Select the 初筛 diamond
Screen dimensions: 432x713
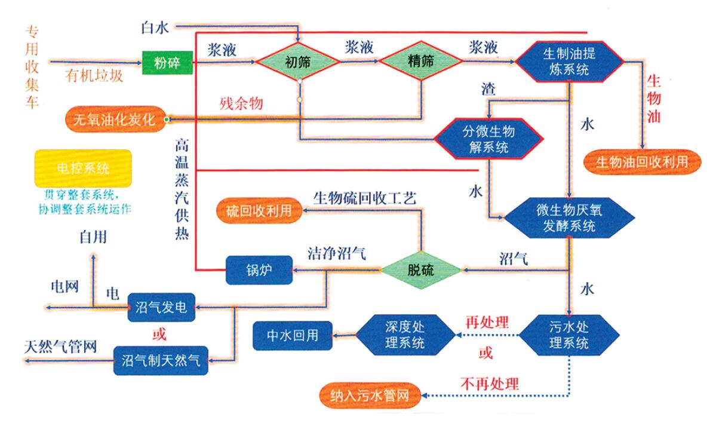297,62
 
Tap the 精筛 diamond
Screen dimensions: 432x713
420,62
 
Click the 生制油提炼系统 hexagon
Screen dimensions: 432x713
569,61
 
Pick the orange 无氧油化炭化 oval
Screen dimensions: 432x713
115,120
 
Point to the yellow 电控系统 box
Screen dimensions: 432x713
82,168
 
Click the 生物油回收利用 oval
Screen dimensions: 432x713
641,162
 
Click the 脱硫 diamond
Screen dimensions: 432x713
422,270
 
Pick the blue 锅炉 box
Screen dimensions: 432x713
259,270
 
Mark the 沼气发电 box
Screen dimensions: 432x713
162,308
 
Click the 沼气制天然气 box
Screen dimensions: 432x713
161,360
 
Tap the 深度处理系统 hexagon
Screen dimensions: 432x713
406,334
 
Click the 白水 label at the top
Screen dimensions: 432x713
155,27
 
